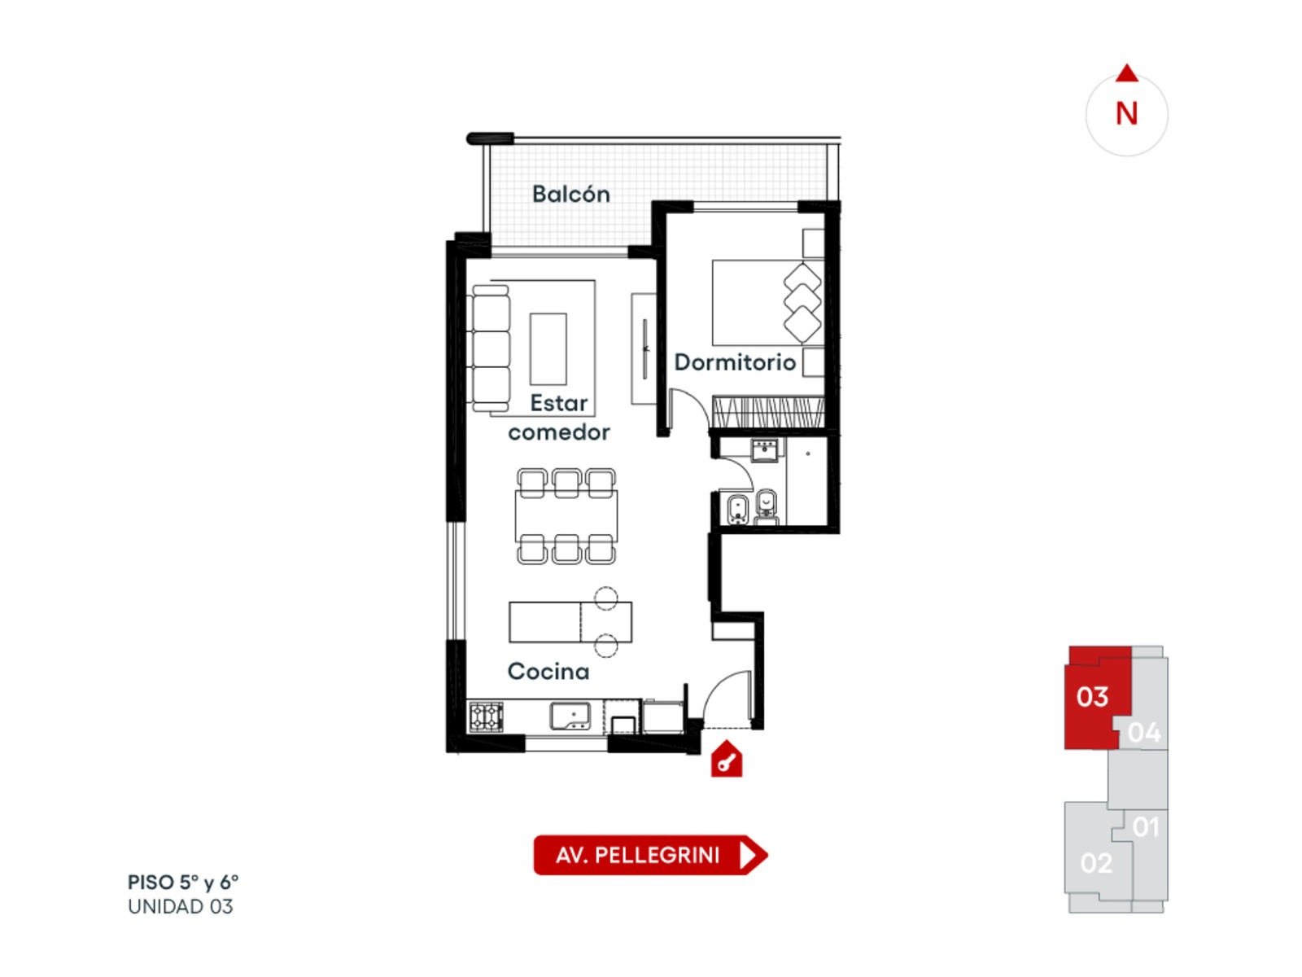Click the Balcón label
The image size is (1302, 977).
[570, 194]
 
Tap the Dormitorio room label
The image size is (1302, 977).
[735, 361]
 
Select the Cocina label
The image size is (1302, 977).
[548, 671]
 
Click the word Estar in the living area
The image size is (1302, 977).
[558, 403]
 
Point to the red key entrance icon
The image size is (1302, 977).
[726, 759]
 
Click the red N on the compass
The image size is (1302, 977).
[1126, 113]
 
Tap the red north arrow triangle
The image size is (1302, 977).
[1126, 73]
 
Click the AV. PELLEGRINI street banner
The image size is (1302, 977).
[650, 855]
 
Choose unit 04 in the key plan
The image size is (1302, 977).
[1143, 733]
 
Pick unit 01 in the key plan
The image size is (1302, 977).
[1146, 827]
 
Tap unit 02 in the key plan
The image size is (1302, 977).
[1096, 863]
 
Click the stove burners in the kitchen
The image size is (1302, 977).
[486, 716]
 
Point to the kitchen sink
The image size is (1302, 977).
[570, 716]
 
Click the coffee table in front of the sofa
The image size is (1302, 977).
[548, 349]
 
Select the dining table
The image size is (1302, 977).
[566, 516]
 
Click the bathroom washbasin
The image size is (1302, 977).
[765, 450]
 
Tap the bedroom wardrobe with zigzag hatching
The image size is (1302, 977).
[768, 412]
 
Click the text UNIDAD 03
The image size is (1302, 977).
[181, 906]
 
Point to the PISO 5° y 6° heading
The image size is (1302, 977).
[183, 882]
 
